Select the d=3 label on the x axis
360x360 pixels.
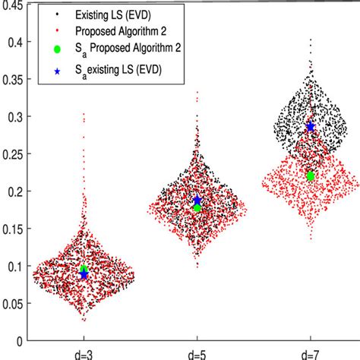pos(84,352)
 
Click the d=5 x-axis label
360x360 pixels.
pos(197,352)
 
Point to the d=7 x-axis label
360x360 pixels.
pos(310,352)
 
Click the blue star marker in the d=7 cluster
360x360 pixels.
pos(310,127)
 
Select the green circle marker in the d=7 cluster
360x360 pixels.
pos(310,175)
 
